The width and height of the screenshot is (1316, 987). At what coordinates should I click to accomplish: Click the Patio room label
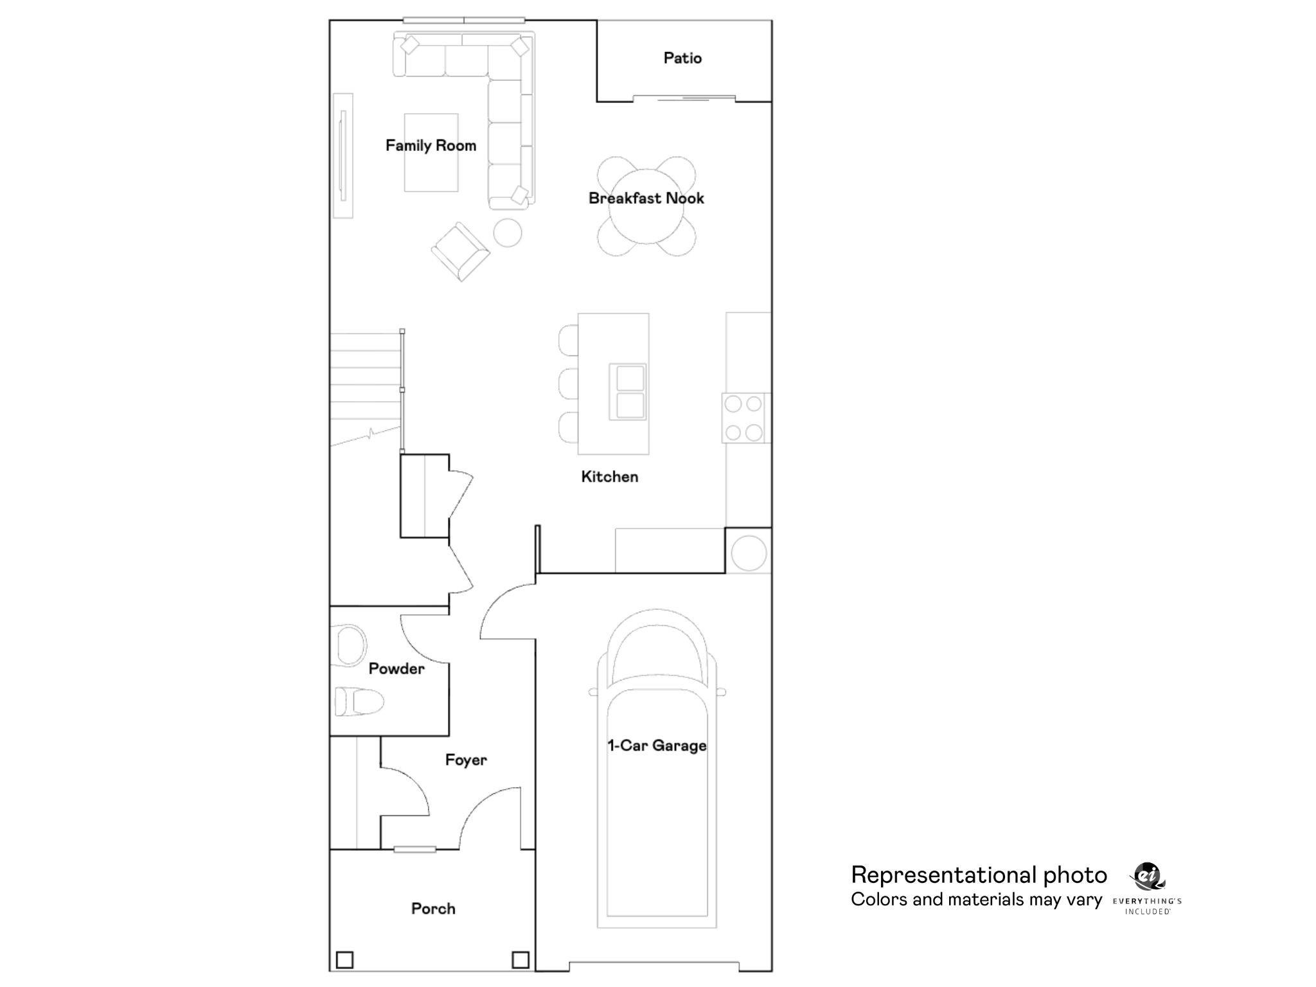coord(682,58)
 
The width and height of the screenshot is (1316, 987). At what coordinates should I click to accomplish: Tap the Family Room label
coord(431,146)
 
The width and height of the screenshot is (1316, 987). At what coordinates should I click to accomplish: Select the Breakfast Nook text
coord(646,199)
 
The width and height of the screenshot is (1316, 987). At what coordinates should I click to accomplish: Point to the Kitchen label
coord(609,477)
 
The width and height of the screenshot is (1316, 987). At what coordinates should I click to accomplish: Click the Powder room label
coord(396,669)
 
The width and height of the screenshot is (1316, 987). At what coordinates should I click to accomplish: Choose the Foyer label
coord(466,760)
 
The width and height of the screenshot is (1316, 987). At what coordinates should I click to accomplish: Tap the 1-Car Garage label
coord(657,746)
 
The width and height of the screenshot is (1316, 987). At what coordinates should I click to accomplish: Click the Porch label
coord(433,909)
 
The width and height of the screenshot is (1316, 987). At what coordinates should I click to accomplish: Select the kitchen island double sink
coord(628,391)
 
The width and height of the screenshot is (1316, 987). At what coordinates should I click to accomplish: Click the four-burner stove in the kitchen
coord(744,418)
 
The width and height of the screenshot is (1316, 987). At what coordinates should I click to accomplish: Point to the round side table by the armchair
coord(507,233)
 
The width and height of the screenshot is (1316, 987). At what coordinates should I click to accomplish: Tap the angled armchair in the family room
coord(460,251)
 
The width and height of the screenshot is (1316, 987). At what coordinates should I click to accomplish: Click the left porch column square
coord(345,960)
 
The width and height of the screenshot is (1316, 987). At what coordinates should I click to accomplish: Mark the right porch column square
coord(520,960)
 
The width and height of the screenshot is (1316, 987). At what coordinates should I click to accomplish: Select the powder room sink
coord(350,644)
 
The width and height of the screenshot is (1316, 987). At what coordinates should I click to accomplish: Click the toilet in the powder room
coord(359,701)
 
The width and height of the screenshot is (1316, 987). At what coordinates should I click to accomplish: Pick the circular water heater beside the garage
coord(749,552)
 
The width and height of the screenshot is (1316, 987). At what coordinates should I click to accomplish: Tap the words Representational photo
coord(979,875)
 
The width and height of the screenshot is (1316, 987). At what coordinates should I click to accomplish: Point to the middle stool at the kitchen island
coord(569,384)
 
